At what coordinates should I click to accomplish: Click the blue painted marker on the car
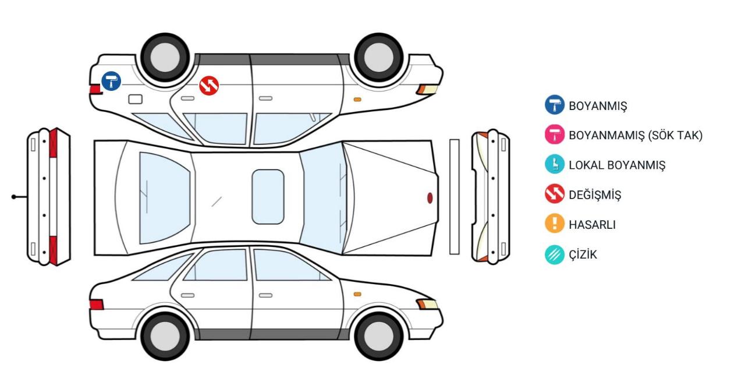tap(111, 81)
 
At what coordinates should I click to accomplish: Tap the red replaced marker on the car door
tap(209, 86)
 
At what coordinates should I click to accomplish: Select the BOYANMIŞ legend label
tap(598, 106)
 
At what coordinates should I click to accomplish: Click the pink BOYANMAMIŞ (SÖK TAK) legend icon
tap(555, 135)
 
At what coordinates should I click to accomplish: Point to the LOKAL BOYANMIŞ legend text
tap(617, 165)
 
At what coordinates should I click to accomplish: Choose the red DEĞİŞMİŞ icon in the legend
tap(555, 194)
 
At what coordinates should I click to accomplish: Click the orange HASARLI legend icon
tap(555, 223)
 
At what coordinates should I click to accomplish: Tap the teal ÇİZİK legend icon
tap(555, 254)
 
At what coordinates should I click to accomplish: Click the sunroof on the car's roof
tap(268, 197)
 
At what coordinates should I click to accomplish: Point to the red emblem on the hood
tap(430, 198)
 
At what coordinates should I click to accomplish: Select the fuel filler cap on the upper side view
tap(136, 99)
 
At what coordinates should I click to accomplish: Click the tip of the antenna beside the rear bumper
tap(13, 197)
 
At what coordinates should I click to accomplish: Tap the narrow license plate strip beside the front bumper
tap(455, 197)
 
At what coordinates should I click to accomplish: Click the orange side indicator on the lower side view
tap(357, 294)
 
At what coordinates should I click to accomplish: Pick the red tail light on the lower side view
tap(97, 305)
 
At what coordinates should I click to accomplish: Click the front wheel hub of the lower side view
tap(379, 337)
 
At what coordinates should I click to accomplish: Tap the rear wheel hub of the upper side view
tap(165, 57)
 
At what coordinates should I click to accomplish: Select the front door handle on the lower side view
tap(265, 295)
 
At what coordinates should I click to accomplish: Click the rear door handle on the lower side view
tap(187, 295)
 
